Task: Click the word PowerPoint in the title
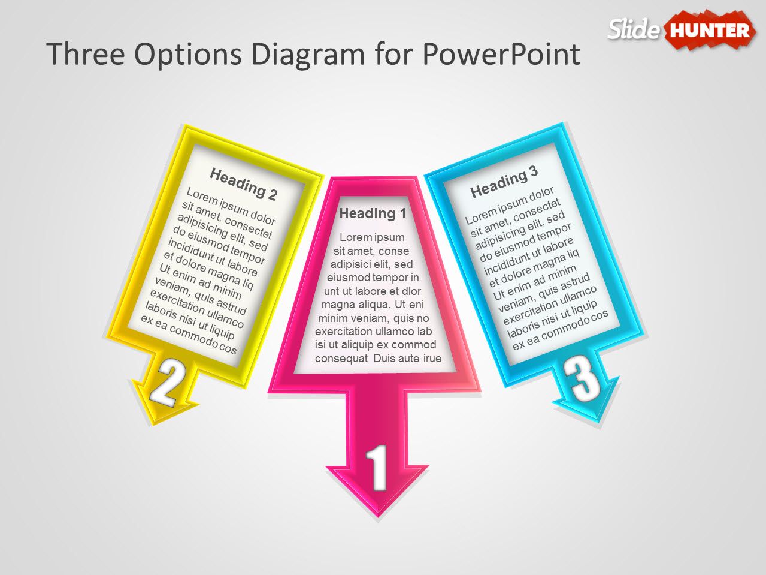tap(501, 54)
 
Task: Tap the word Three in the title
tap(84, 54)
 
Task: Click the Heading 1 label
tap(373, 213)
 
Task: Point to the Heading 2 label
tap(243, 184)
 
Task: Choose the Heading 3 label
tap(504, 182)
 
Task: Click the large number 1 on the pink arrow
tap(377, 468)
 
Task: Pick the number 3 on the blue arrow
tap(583, 378)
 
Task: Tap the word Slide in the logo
tap(634, 29)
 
